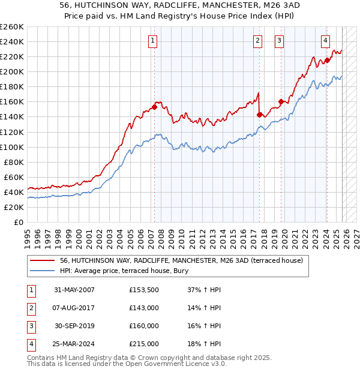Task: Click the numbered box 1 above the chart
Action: coord(153,41)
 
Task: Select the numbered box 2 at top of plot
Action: coord(257,41)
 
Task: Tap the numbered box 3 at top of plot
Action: coord(280,41)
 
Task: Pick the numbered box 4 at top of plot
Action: coord(325,41)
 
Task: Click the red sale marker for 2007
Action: coord(154,107)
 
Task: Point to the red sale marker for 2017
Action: coord(259,115)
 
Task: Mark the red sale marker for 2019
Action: coord(281,102)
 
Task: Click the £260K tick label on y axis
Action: coord(12,27)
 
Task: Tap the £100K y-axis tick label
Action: coord(12,147)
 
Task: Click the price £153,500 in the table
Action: coord(144,290)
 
